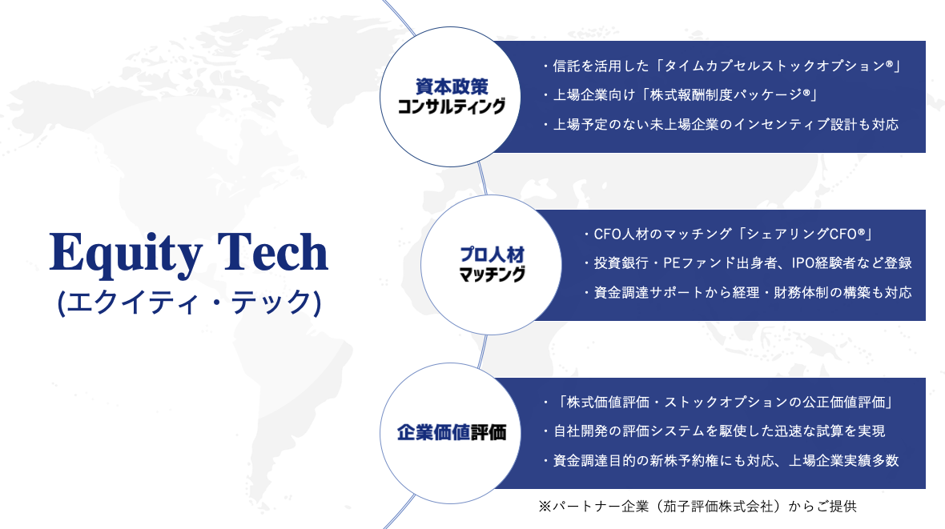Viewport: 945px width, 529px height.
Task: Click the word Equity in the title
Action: pos(126,254)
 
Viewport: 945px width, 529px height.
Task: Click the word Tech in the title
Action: pos(272,251)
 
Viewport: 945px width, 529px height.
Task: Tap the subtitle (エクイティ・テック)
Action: pos(189,302)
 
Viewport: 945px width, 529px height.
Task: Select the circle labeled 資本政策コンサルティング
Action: pos(450,96)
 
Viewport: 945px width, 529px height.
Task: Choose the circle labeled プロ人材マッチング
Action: pos(491,264)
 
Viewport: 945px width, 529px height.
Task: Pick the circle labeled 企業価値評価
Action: pos(450,433)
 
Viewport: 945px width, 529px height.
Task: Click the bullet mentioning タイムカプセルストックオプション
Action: pos(722,66)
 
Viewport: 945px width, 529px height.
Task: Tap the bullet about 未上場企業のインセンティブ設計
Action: pos(720,124)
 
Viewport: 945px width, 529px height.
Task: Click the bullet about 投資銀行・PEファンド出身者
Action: pos(747,262)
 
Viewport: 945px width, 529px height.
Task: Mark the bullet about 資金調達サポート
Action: pos(747,292)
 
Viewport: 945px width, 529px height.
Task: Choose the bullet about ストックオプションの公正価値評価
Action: pos(718,402)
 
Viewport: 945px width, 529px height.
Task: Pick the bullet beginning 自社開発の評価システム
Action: pos(714,431)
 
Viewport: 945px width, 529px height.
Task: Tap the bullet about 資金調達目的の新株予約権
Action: pos(720,460)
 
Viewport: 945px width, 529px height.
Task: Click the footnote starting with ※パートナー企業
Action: pos(698,506)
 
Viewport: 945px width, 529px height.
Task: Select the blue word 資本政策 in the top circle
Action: pos(452,86)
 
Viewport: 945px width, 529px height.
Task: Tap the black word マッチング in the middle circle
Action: pos(492,275)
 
